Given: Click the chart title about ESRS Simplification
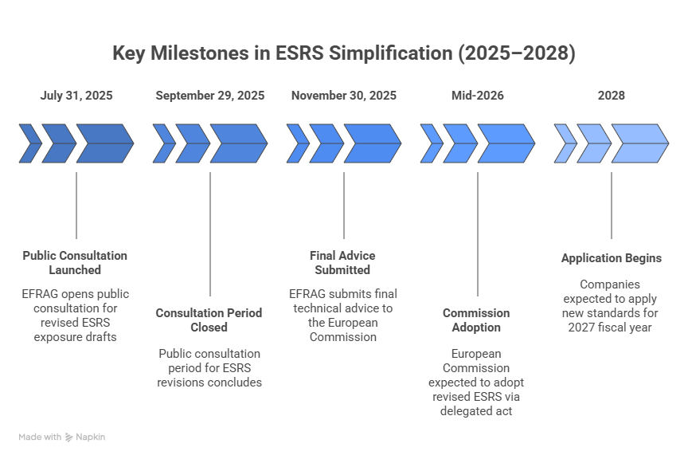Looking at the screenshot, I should [343, 54].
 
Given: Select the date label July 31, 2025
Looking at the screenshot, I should [76, 96].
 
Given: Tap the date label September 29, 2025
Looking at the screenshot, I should [210, 96].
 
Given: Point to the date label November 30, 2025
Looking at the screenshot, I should [344, 96].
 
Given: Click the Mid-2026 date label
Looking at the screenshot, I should [478, 96].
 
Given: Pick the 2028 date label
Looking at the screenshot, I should [612, 96].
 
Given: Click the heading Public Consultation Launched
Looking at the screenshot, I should [75, 263].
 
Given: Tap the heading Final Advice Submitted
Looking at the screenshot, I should [342, 263].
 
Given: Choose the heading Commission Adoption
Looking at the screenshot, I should [476, 320].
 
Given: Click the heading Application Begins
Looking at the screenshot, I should [612, 258].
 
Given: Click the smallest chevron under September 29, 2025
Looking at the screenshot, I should [165, 144].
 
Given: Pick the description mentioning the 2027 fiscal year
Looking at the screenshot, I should [612, 305].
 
